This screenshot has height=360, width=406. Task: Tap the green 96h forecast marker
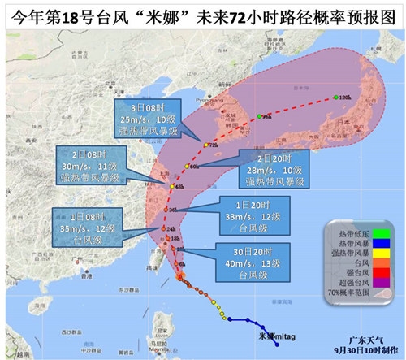coord(258,117)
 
